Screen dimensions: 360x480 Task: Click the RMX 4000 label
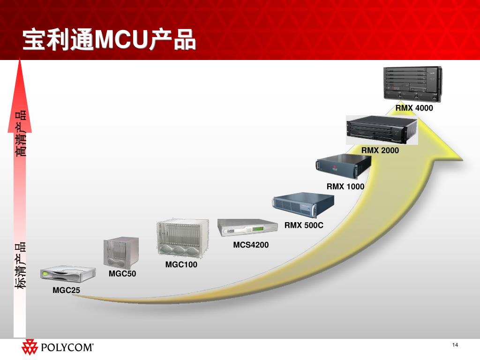(x=414, y=108)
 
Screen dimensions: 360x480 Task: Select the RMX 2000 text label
(x=380, y=150)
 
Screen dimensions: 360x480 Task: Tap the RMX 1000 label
(x=345, y=187)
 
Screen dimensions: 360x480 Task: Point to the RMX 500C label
(x=304, y=225)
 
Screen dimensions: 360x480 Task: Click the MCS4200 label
(x=251, y=245)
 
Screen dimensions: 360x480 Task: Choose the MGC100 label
(x=181, y=265)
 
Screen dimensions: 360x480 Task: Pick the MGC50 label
(x=122, y=274)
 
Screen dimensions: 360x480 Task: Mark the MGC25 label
(x=66, y=291)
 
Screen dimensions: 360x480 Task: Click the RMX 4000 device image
(x=412, y=84)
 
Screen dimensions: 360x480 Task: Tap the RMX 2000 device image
(x=382, y=129)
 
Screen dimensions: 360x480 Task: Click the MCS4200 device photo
(x=248, y=228)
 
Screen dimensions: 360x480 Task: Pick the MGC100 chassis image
(x=181, y=239)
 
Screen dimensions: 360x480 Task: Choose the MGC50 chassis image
(x=121, y=253)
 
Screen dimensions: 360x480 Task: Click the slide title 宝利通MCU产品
(x=109, y=40)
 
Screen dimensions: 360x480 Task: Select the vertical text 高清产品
(x=20, y=134)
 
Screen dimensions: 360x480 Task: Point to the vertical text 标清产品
(x=20, y=265)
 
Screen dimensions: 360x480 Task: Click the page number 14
(x=455, y=345)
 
